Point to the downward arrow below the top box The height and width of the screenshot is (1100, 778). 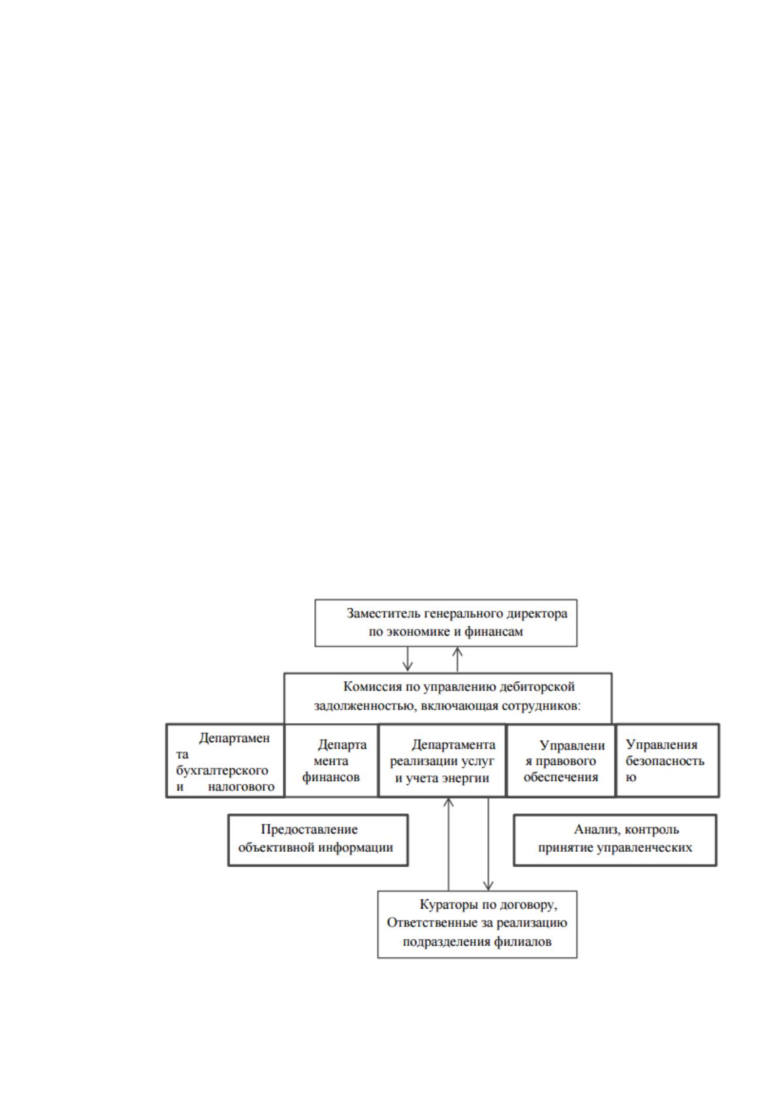click(407, 659)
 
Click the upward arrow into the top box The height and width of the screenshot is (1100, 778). click(457, 659)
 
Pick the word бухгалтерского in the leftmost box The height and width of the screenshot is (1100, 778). click(222, 770)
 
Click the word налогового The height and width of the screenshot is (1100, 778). click(240, 786)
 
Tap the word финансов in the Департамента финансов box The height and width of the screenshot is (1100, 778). click(331, 777)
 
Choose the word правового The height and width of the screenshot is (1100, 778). click(564, 761)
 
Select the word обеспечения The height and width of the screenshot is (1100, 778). click(560, 777)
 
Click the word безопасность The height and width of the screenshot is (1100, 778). click(664, 761)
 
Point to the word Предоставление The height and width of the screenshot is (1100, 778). click(309, 830)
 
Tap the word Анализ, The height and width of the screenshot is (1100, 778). click(595, 830)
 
